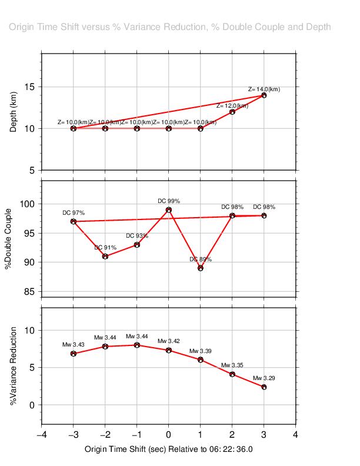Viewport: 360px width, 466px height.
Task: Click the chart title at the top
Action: [170, 27]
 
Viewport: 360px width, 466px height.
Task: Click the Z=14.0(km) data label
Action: [264, 89]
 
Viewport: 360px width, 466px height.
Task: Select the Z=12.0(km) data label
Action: [232, 106]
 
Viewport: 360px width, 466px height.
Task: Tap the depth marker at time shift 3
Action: [264, 95]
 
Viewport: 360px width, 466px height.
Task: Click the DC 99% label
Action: [169, 201]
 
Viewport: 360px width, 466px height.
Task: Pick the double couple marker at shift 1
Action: [201, 268]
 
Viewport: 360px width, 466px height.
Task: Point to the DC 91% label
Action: [105, 248]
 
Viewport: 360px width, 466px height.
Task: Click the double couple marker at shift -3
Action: [74, 222]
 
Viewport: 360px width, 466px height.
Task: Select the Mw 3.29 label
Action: [264, 378]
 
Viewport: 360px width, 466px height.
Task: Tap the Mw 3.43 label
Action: [74, 345]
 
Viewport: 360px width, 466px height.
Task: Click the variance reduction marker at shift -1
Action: [137, 345]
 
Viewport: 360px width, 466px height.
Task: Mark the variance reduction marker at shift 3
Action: [264, 387]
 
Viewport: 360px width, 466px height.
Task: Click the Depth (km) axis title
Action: [14, 112]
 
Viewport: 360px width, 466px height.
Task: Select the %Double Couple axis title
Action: [8, 238]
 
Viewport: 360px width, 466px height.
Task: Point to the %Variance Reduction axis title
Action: [14, 365]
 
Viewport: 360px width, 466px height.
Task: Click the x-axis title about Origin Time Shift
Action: [169, 449]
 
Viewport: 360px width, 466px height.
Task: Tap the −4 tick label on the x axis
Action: [42, 435]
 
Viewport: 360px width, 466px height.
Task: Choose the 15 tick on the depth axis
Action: [31, 87]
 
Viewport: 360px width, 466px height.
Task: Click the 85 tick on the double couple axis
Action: [31, 291]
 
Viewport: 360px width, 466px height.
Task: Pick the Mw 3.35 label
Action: [232, 365]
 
